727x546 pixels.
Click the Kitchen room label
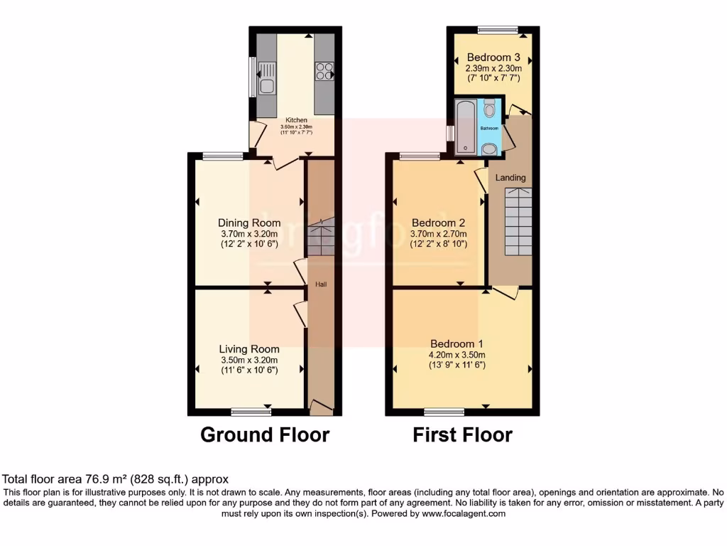coord(297,119)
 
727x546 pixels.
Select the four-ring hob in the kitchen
coord(324,71)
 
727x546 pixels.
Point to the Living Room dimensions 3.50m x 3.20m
coord(248,360)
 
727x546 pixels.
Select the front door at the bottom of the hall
coord(322,407)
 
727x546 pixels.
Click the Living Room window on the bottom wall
coord(251,412)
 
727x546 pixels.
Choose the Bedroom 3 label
coord(493,58)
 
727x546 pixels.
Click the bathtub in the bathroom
coord(466,126)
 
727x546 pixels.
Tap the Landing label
coord(510,178)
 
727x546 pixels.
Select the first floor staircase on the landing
coord(518,220)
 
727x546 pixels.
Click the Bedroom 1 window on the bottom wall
coord(444,412)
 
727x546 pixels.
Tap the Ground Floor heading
coord(265,434)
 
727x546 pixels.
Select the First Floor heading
coord(462,434)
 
